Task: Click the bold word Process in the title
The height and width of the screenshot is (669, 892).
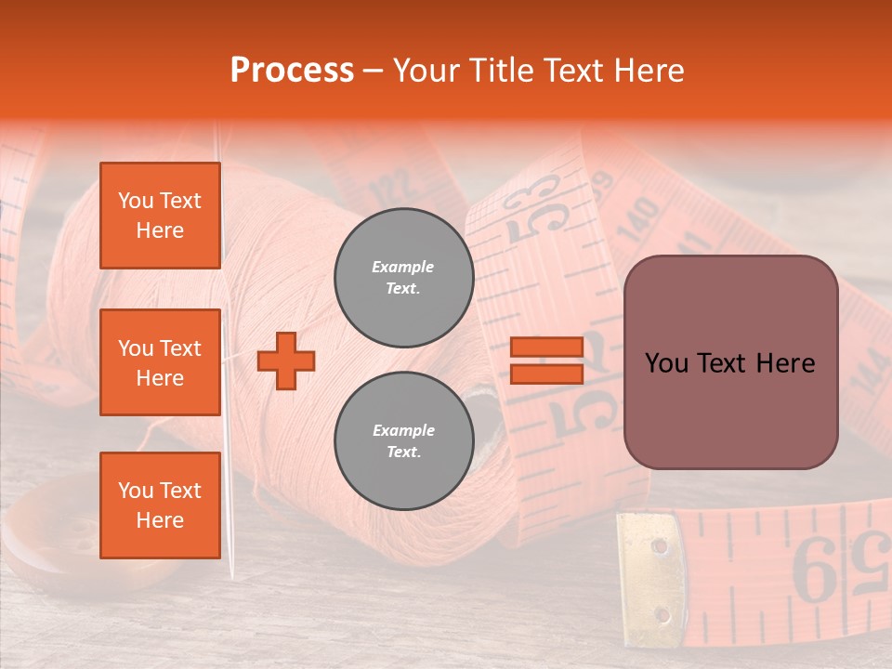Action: (292, 71)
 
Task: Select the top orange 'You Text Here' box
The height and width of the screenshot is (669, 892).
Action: (160, 216)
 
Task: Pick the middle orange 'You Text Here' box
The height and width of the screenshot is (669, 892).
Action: (160, 362)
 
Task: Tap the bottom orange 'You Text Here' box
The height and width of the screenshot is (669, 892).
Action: (160, 505)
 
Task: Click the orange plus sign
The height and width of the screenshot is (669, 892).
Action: (285, 361)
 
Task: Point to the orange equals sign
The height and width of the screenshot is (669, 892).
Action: (546, 361)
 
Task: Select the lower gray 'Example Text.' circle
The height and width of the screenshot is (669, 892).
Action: (403, 441)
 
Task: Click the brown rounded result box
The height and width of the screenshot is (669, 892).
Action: (730, 362)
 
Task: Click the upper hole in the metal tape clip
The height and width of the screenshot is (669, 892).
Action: (660, 546)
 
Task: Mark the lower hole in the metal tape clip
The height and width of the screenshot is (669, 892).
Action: (662, 614)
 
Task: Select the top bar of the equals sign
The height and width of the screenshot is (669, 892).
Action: (546, 348)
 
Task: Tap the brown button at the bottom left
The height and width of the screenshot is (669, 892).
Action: (56, 530)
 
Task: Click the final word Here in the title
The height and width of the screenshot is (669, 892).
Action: (647, 71)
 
